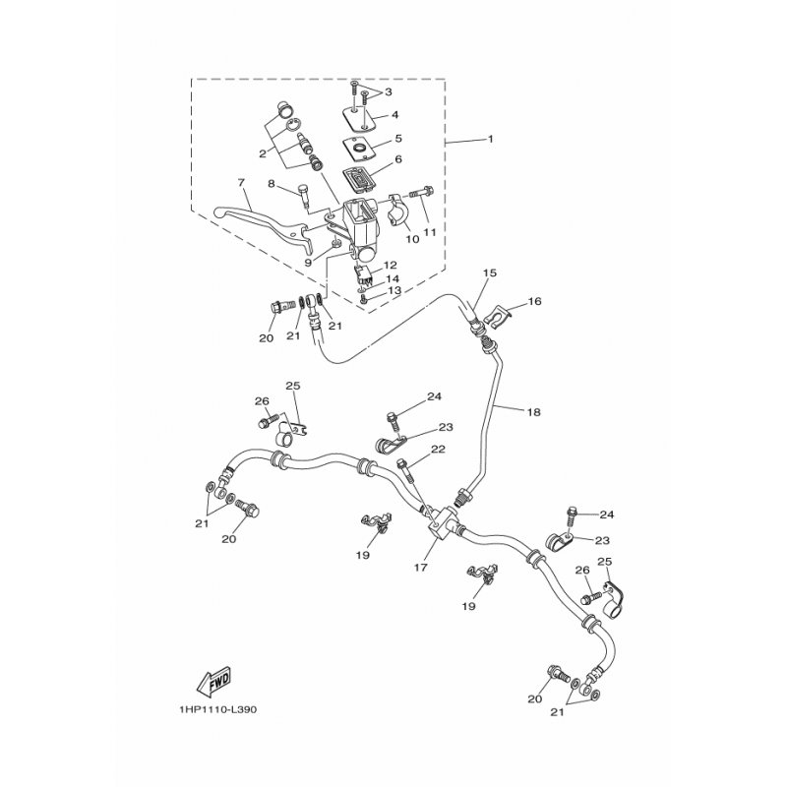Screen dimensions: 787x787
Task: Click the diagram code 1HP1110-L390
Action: (x=216, y=709)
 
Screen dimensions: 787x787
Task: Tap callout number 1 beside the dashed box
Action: (x=490, y=139)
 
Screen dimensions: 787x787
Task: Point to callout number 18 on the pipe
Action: (x=534, y=412)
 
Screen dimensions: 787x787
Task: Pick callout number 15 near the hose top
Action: (x=490, y=272)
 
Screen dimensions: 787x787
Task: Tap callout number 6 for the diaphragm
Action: (x=398, y=159)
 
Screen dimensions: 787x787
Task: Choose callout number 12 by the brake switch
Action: (x=391, y=265)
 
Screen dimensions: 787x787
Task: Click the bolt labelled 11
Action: (x=422, y=192)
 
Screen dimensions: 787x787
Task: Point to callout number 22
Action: (x=438, y=450)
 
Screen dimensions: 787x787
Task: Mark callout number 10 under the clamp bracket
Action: (x=412, y=239)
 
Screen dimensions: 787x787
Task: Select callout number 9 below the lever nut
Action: (x=308, y=262)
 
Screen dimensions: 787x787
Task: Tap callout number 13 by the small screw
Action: (x=395, y=290)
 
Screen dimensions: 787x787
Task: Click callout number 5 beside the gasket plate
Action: (x=398, y=138)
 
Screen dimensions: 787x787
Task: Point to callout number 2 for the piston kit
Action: (x=263, y=153)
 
